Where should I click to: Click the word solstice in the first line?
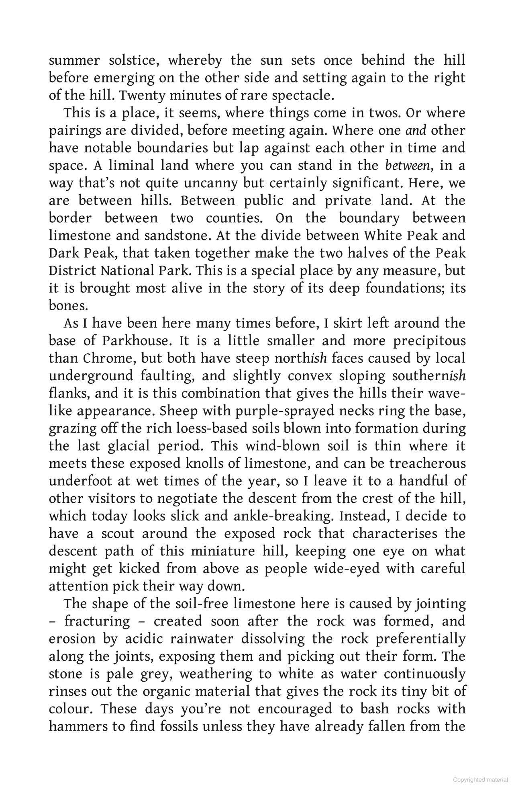(132, 60)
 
